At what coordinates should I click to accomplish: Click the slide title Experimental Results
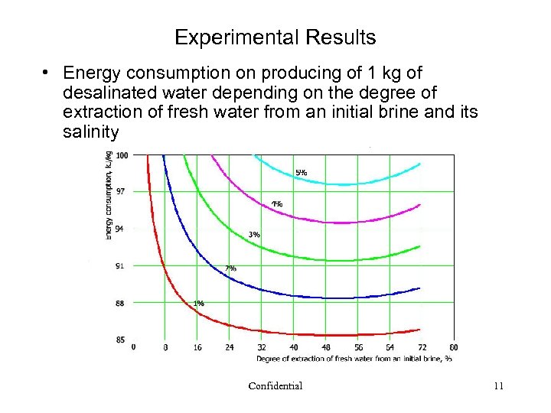tap(275, 37)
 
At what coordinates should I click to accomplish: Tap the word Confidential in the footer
tap(275, 385)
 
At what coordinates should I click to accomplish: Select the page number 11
tap(498, 385)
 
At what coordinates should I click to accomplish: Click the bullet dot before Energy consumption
tap(47, 73)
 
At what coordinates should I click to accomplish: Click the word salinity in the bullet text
tap(91, 132)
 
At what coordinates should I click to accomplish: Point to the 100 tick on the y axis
tap(121, 155)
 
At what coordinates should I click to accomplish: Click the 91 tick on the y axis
tap(119, 266)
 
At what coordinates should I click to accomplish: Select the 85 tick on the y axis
tap(120, 340)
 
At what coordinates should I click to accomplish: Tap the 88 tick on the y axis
tap(120, 303)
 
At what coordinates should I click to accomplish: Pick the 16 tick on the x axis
tap(197, 347)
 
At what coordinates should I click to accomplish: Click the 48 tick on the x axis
tap(325, 347)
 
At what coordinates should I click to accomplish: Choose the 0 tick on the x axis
tap(134, 347)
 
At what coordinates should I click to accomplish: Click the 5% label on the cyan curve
tap(301, 173)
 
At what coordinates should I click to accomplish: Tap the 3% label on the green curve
tap(254, 234)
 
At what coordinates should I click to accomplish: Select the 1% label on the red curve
tap(198, 304)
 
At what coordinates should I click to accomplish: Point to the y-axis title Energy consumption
tap(109, 195)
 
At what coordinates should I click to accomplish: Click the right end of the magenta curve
tap(420, 205)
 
